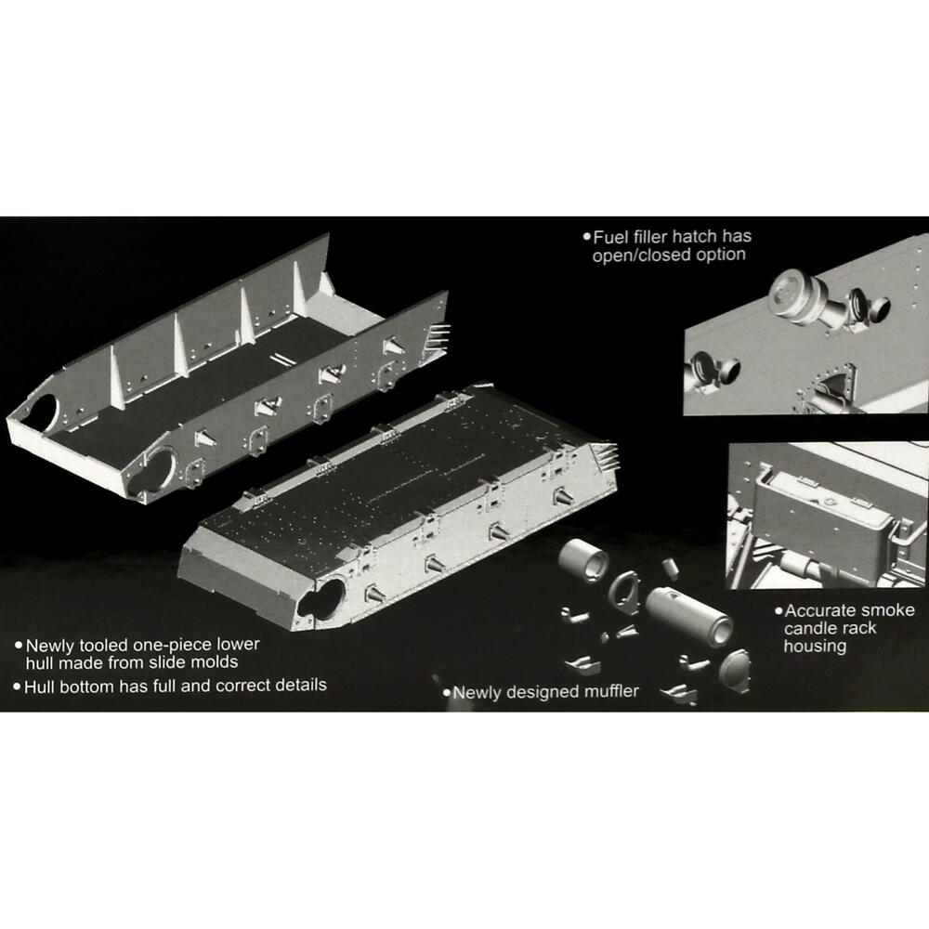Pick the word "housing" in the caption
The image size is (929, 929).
click(815, 646)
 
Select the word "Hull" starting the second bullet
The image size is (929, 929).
click(42, 686)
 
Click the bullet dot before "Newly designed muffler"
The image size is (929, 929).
click(446, 692)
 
